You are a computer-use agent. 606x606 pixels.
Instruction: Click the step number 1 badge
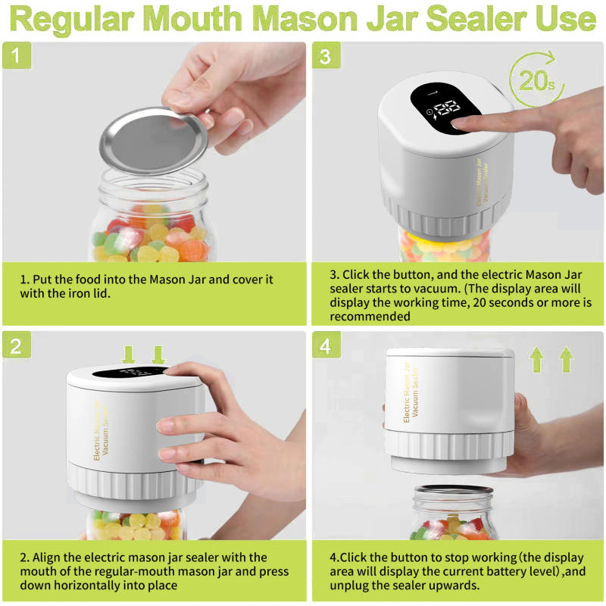[17, 56]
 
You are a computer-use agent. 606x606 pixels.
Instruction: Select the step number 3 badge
[326, 56]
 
